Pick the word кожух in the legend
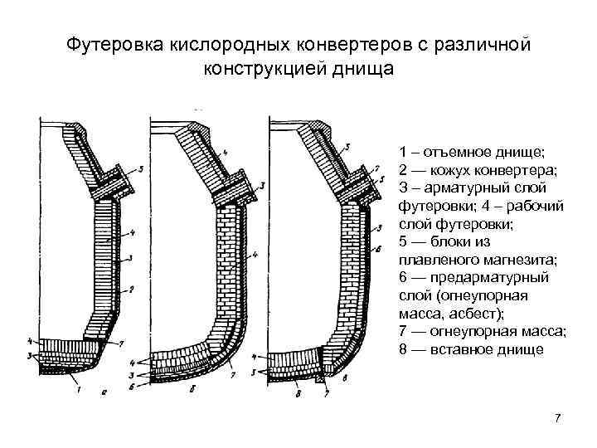454,170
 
